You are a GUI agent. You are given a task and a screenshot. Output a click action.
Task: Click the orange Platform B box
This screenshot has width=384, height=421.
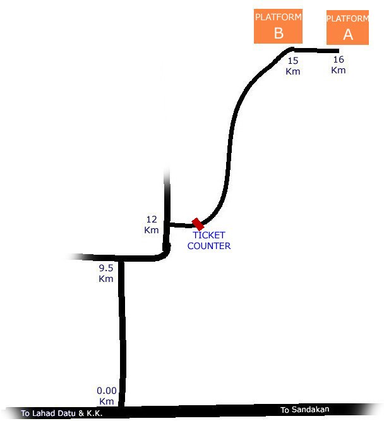[278, 26]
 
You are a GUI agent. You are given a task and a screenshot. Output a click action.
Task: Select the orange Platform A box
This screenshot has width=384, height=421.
[347, 27]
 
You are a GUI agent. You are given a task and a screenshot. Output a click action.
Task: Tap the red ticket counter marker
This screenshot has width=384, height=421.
[198, 224]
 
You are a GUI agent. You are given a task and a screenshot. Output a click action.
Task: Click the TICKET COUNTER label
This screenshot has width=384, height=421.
[209, 240]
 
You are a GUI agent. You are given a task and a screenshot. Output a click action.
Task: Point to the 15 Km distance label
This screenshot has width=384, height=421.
[293, 66]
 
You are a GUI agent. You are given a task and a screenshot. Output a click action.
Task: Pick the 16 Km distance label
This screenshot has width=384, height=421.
[339, 64]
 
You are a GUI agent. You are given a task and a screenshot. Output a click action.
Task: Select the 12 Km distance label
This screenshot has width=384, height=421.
[152, 225]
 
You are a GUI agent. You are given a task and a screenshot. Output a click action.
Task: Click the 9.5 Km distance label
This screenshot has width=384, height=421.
[106, 273]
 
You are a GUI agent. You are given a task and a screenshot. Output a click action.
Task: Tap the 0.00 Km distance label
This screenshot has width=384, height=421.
[107, 396]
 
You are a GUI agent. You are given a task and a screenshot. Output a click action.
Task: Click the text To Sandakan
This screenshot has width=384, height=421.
[304, 410]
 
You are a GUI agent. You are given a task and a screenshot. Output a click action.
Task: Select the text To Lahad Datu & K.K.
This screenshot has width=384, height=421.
[61, 413]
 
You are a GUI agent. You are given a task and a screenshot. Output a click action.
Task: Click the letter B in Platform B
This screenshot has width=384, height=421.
[279, 34]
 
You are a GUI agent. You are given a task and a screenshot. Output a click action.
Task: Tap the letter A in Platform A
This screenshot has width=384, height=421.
[348, 35]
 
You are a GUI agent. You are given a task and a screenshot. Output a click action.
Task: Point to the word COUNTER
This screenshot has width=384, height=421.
[209, 246]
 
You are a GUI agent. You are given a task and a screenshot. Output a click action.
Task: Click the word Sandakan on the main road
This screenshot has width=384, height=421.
[310, 410]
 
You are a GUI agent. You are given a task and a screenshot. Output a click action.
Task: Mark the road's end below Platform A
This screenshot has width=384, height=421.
[338, 51]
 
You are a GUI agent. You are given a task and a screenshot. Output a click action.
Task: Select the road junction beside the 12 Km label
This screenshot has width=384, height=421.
[167, 224]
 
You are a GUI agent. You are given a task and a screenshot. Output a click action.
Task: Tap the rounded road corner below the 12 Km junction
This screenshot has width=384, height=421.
[165, 253]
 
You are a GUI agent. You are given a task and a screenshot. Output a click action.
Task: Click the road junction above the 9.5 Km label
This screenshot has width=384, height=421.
[121, 259]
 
